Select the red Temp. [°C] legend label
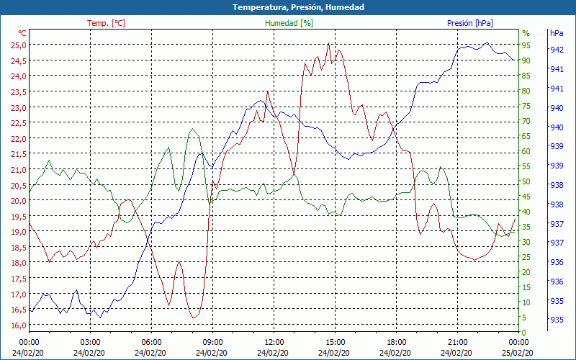click(106, 23)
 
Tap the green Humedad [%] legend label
click(289, 23)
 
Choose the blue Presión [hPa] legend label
click(470, 23)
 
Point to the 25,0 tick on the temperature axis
click(18, 45)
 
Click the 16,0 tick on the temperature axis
click(18, 325)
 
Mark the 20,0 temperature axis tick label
click(18, 200)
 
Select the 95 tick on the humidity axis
click(526, 45)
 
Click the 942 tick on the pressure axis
click(557, 50)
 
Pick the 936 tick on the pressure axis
click(557, 261)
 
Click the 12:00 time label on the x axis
click(274, 341)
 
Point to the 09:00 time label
click(212, 341)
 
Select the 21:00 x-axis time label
click(457, 341)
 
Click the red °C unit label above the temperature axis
click(22, 33)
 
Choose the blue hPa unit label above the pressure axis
click(557, 33)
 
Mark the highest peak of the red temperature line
click(328, 43)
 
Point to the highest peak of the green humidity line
click(192, 129)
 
